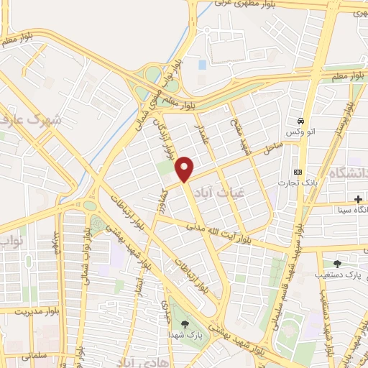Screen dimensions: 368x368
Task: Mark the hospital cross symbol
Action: point(358,198)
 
